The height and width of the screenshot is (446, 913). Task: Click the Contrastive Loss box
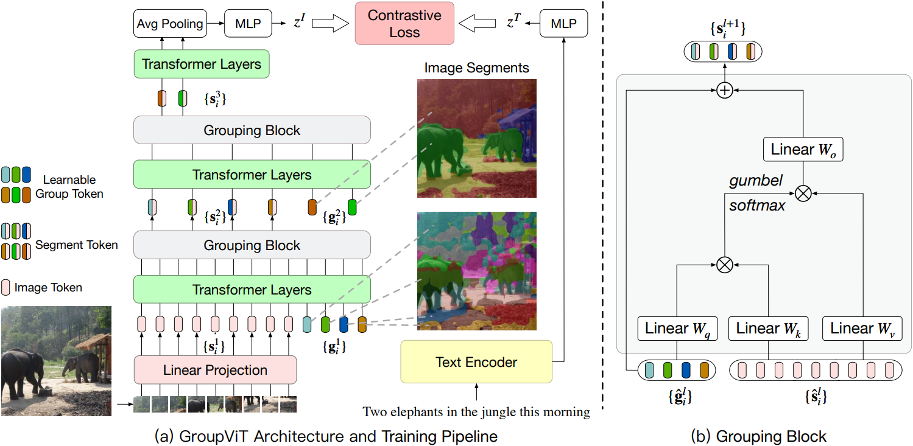[x=404, y=23]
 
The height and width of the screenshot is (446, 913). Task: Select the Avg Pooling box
[x=170, y=24]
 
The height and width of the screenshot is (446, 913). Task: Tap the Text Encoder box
[x=476, y=361]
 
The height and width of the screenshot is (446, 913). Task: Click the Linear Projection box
[x=215, y=370]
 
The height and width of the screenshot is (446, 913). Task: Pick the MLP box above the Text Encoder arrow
[x=563, y=24]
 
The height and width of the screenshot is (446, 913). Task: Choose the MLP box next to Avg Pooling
[x=249, y=24]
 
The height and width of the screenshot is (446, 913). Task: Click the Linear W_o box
[x=803, y=150]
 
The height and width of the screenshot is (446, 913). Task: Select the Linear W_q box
[x=677, y=329]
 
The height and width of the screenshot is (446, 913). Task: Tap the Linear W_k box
[x=768, y=329]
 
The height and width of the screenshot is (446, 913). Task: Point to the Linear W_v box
[x=862, y=329]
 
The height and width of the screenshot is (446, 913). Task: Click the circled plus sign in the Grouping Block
[x=725, y=91]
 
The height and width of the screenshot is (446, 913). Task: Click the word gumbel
[x=756, y=181]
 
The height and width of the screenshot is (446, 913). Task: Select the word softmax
[x=757, y=205]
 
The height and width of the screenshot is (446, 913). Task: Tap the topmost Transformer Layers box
[x=202, y=64]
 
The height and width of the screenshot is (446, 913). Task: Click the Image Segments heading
[x=476, y=68]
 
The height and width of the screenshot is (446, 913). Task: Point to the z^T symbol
[x=513, y=21]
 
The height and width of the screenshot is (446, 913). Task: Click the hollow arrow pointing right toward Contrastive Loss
[x=330, y=23]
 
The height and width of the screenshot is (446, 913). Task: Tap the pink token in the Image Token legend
[x=5, y=287]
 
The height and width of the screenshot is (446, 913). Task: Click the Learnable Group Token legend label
[x=69, y=187]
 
